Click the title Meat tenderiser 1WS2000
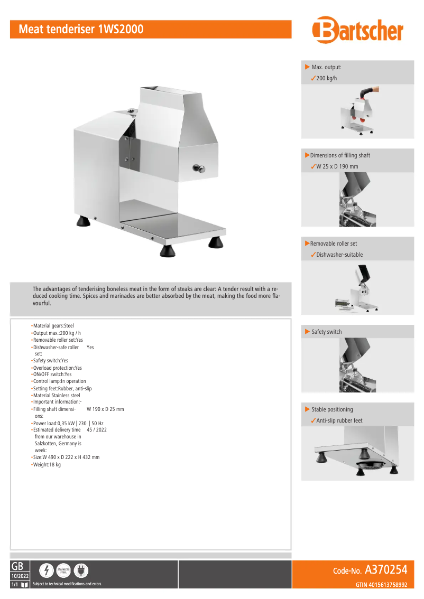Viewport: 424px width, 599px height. [81, 30]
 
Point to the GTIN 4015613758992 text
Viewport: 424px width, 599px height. [381, 584]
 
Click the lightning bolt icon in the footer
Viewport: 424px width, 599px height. [47, 570]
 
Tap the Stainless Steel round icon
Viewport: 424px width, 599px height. [63, 570]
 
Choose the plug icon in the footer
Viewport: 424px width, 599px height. [81, 570]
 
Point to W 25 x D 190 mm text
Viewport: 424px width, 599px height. [337, 166]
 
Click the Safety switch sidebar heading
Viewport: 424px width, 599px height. [326, 332]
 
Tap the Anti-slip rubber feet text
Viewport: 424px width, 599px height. [339, 420]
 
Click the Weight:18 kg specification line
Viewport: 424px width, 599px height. [47, 464]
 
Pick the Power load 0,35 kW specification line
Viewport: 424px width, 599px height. [68, 423]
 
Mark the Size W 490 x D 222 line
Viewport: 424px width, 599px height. [66, 457]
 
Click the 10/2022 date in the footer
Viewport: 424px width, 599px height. [20, 575]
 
